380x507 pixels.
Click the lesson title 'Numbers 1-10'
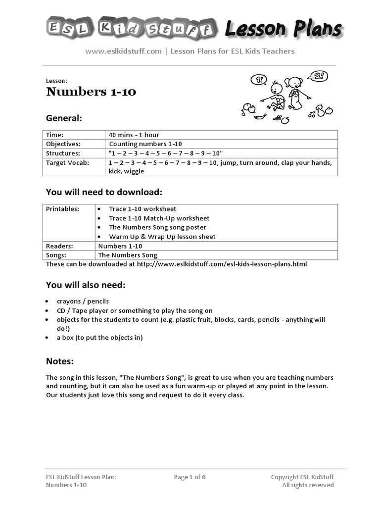click(91, 92)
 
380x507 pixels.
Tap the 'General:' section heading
click(64, 118)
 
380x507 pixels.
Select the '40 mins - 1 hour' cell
click(134, 135)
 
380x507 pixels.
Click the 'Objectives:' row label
click(63, 144)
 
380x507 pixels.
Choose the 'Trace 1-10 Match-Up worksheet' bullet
click(159, 218)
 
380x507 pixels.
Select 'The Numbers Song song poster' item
click(155, 227)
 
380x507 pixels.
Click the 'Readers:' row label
click(59, 246)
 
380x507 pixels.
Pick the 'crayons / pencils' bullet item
click(83, 301)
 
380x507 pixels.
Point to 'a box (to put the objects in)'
click(99, 338)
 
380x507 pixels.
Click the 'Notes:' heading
click(60, 361)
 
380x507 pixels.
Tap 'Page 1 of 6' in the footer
click(190, 477)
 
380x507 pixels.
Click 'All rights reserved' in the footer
click(308, 485)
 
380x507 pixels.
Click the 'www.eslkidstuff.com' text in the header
click(124, 51)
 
